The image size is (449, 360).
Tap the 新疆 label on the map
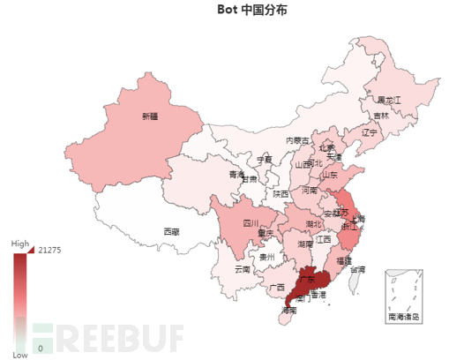[x=150, y=115]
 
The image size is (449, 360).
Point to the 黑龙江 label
[x=389, y=100]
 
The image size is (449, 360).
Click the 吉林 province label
[x=380, y=115]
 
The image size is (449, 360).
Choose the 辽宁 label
[x=368, y=132]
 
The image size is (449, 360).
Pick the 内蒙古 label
[x=296, y=140]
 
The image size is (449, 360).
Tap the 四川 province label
[x=251, y=224]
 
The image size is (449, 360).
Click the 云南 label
[x=243, y=268]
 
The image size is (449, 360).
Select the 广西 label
[x=276, y=287]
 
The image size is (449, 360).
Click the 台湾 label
[x=355, y=269]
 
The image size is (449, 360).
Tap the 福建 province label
[x=343, y=261]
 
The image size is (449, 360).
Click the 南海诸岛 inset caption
[x=404, y=315]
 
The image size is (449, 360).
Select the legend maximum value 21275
[x=49, y=250]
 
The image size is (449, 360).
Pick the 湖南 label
[x=304, y=244]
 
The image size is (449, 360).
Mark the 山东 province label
[x=330, y=175]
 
